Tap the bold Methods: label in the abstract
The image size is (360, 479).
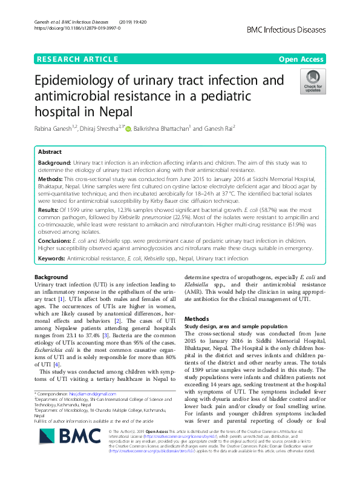51,180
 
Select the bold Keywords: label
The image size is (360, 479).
52,259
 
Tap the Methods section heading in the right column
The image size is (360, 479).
197,319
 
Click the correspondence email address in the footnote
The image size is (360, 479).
91,394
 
